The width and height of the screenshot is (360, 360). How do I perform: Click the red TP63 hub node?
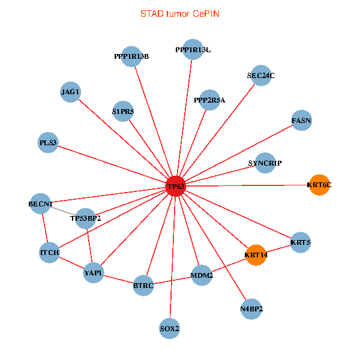coord(175,187)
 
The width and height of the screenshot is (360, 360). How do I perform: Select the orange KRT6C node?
coord(319,185)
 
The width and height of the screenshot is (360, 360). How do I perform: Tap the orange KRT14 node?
coord(256,255)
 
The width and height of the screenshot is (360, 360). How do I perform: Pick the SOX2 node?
coord(170,328)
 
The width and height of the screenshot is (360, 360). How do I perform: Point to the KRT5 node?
coord(300,243)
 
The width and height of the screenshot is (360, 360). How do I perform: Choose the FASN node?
coord(301,121)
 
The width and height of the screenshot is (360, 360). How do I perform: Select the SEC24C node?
coord(260,76)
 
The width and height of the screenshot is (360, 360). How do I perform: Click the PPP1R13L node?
coord(193,50)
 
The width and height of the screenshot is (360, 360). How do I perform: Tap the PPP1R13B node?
coord(131,56)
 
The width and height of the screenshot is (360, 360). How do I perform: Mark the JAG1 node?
coord(70,92)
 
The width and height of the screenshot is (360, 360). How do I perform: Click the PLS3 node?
coord(48,143)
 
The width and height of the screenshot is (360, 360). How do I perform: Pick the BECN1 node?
coord(40,204)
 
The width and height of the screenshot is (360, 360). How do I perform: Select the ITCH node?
coord(49,253)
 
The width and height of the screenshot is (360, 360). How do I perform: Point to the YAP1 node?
coord(94,274)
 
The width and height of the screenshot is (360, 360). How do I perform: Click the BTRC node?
coord(143,286)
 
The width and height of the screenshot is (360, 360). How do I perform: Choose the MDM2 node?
coord(202,275)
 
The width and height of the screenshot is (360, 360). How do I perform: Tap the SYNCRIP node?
coord(265,163)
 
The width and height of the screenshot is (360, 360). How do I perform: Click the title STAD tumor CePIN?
coord(179,13)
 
